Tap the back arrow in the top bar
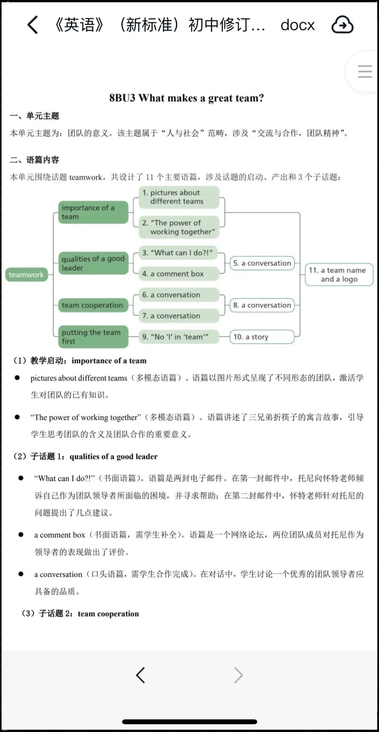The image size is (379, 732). point(33,25)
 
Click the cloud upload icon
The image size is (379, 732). point(342,25)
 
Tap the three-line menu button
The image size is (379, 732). point(365,72)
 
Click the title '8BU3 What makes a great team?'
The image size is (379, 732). point(186,98)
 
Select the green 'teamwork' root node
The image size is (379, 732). point(26,275)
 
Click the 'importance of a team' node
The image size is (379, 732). point(93,212)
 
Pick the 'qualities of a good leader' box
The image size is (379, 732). point(93,263)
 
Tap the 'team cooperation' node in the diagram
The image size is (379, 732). point(93,305)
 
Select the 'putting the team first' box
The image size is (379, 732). point(93,337)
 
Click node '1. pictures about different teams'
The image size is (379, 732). point(179,197)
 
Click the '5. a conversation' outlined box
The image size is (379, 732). point(262,263)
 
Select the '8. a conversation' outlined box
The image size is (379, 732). point(262,305)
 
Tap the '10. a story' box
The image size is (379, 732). point(262,337)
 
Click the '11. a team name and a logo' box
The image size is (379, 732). point(339,275)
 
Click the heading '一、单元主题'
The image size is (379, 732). point(34,116)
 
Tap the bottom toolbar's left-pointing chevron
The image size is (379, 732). point(140,675)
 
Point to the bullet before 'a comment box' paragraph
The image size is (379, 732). point(21,535)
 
